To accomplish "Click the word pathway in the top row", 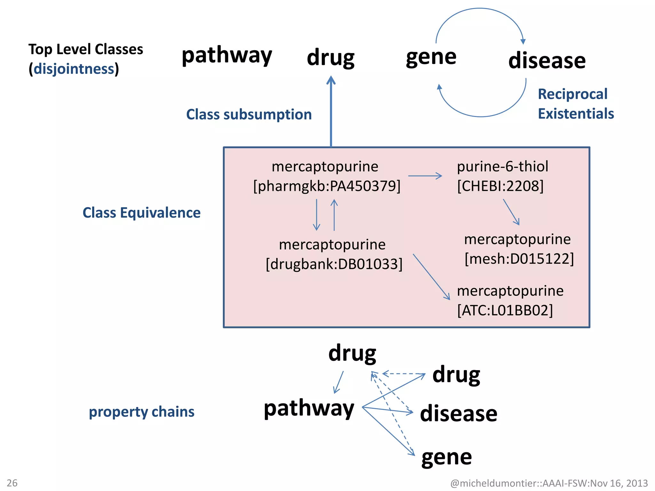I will click(226, 56).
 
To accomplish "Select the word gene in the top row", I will click(431, 58).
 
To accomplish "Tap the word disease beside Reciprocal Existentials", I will click(547, 61).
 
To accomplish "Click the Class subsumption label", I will click(249, 114).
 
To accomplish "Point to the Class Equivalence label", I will click(141, 213).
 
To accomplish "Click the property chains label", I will click(141, 412).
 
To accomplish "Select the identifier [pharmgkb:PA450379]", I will click(327, 186).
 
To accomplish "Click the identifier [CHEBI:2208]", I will click(500, 186).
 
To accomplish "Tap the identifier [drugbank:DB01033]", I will click(334, 264).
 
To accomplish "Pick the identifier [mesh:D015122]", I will click(519, 259).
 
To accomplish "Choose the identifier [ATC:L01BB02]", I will click(505, 310).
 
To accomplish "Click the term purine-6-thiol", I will click(502, 167).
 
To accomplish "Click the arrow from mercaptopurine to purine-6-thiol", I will click(425, 176).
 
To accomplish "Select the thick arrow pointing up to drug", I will click(331, 112).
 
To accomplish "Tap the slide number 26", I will click(12, 483).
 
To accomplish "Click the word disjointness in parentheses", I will click(74, 69).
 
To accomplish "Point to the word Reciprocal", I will click(572, 94).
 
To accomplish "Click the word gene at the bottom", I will click(446, 457).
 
